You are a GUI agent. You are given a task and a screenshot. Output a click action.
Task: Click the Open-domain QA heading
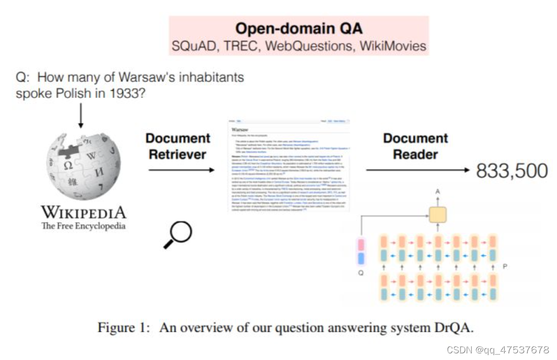[x=299, y=28]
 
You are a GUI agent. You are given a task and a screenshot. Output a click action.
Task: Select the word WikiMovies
[x=393, y=46]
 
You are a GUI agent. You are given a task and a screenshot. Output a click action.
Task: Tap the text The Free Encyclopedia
[x=83, y=226]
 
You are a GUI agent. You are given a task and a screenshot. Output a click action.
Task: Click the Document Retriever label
[x=177, y=146]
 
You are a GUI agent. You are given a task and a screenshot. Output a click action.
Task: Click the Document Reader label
[x=415, y=146]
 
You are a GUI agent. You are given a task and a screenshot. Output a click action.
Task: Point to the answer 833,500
[x=512, y=171]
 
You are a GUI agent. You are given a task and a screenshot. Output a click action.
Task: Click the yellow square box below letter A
[x=437, y=215]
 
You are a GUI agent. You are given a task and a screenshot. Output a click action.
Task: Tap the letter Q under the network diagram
[x=361, y=273]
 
